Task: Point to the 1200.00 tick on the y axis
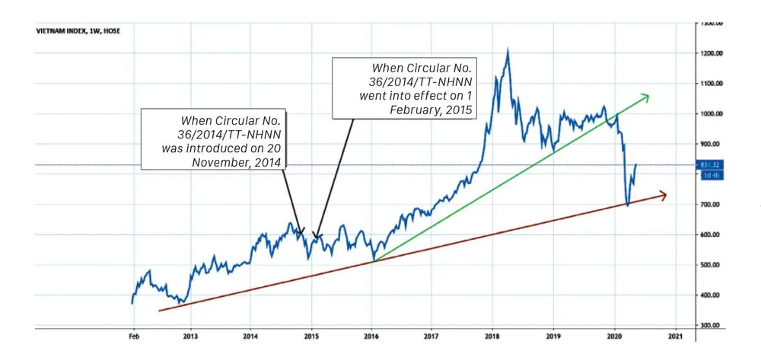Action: (x=711, y=53)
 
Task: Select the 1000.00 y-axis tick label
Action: (x=711, y=113)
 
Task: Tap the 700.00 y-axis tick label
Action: (x=711, y=205)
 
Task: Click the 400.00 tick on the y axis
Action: (x=711, y=295)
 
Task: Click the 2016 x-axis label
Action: (x=371, y=335)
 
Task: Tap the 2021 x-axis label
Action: (x=674, y=335)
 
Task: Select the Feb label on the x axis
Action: (x=132, y=335)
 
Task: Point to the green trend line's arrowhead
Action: (x=645, y=96)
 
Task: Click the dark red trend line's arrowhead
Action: (x=663, y=196)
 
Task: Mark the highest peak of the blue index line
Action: (x=508, y=49)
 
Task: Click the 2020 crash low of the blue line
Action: (x=628, y=205)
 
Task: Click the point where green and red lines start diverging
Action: (x=374, y=261)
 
